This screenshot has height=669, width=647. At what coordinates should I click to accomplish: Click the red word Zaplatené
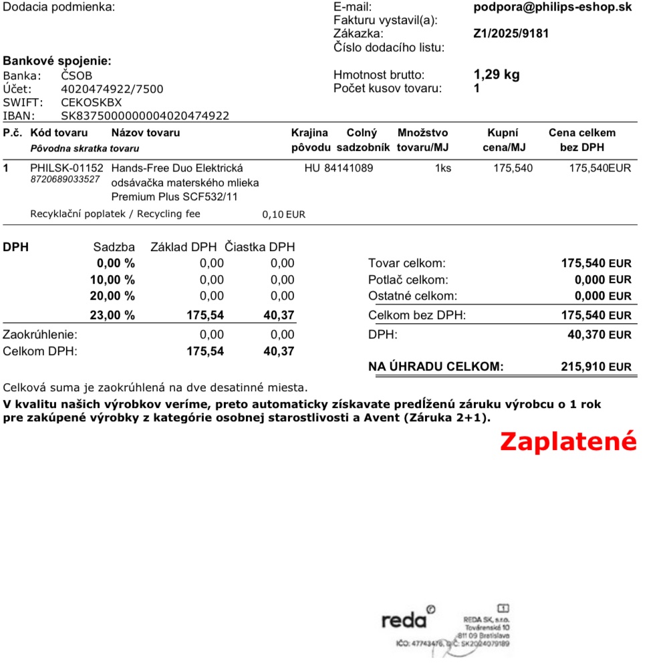(x=568, y=442)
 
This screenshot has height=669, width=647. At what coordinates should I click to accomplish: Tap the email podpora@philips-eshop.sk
(x=552, y=7)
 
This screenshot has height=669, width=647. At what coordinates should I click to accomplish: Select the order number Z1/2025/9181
(x=511, y=33)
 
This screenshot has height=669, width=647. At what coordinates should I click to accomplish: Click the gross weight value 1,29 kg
(x=497, y=75)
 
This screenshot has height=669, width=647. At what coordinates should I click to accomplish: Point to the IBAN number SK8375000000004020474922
(x=145, y=116)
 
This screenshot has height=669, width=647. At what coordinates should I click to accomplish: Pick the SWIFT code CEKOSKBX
(x=92, y=102)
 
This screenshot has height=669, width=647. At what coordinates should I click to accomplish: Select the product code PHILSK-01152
(x=67, y=168)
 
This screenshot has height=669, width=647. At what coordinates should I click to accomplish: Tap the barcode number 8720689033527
(x=66, y=180)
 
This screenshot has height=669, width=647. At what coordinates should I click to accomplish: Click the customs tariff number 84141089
(x=348, y=168)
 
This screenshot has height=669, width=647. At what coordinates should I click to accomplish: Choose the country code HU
(x=312, y=168)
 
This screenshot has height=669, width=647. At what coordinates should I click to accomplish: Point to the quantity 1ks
(x=443, y=168)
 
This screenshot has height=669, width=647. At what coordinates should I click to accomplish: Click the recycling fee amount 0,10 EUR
(x=283, y=215)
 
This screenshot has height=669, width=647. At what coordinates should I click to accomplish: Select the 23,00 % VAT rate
(x=112, y=315)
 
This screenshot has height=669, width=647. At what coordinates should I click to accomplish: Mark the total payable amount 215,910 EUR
(x=596, y=367)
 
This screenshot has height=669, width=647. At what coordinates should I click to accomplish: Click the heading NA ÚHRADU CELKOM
(x=436, y=367)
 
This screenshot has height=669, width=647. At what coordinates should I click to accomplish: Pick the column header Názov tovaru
(x=145, y=133)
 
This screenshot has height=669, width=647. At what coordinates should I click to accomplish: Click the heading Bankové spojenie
(x=57, y=61)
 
